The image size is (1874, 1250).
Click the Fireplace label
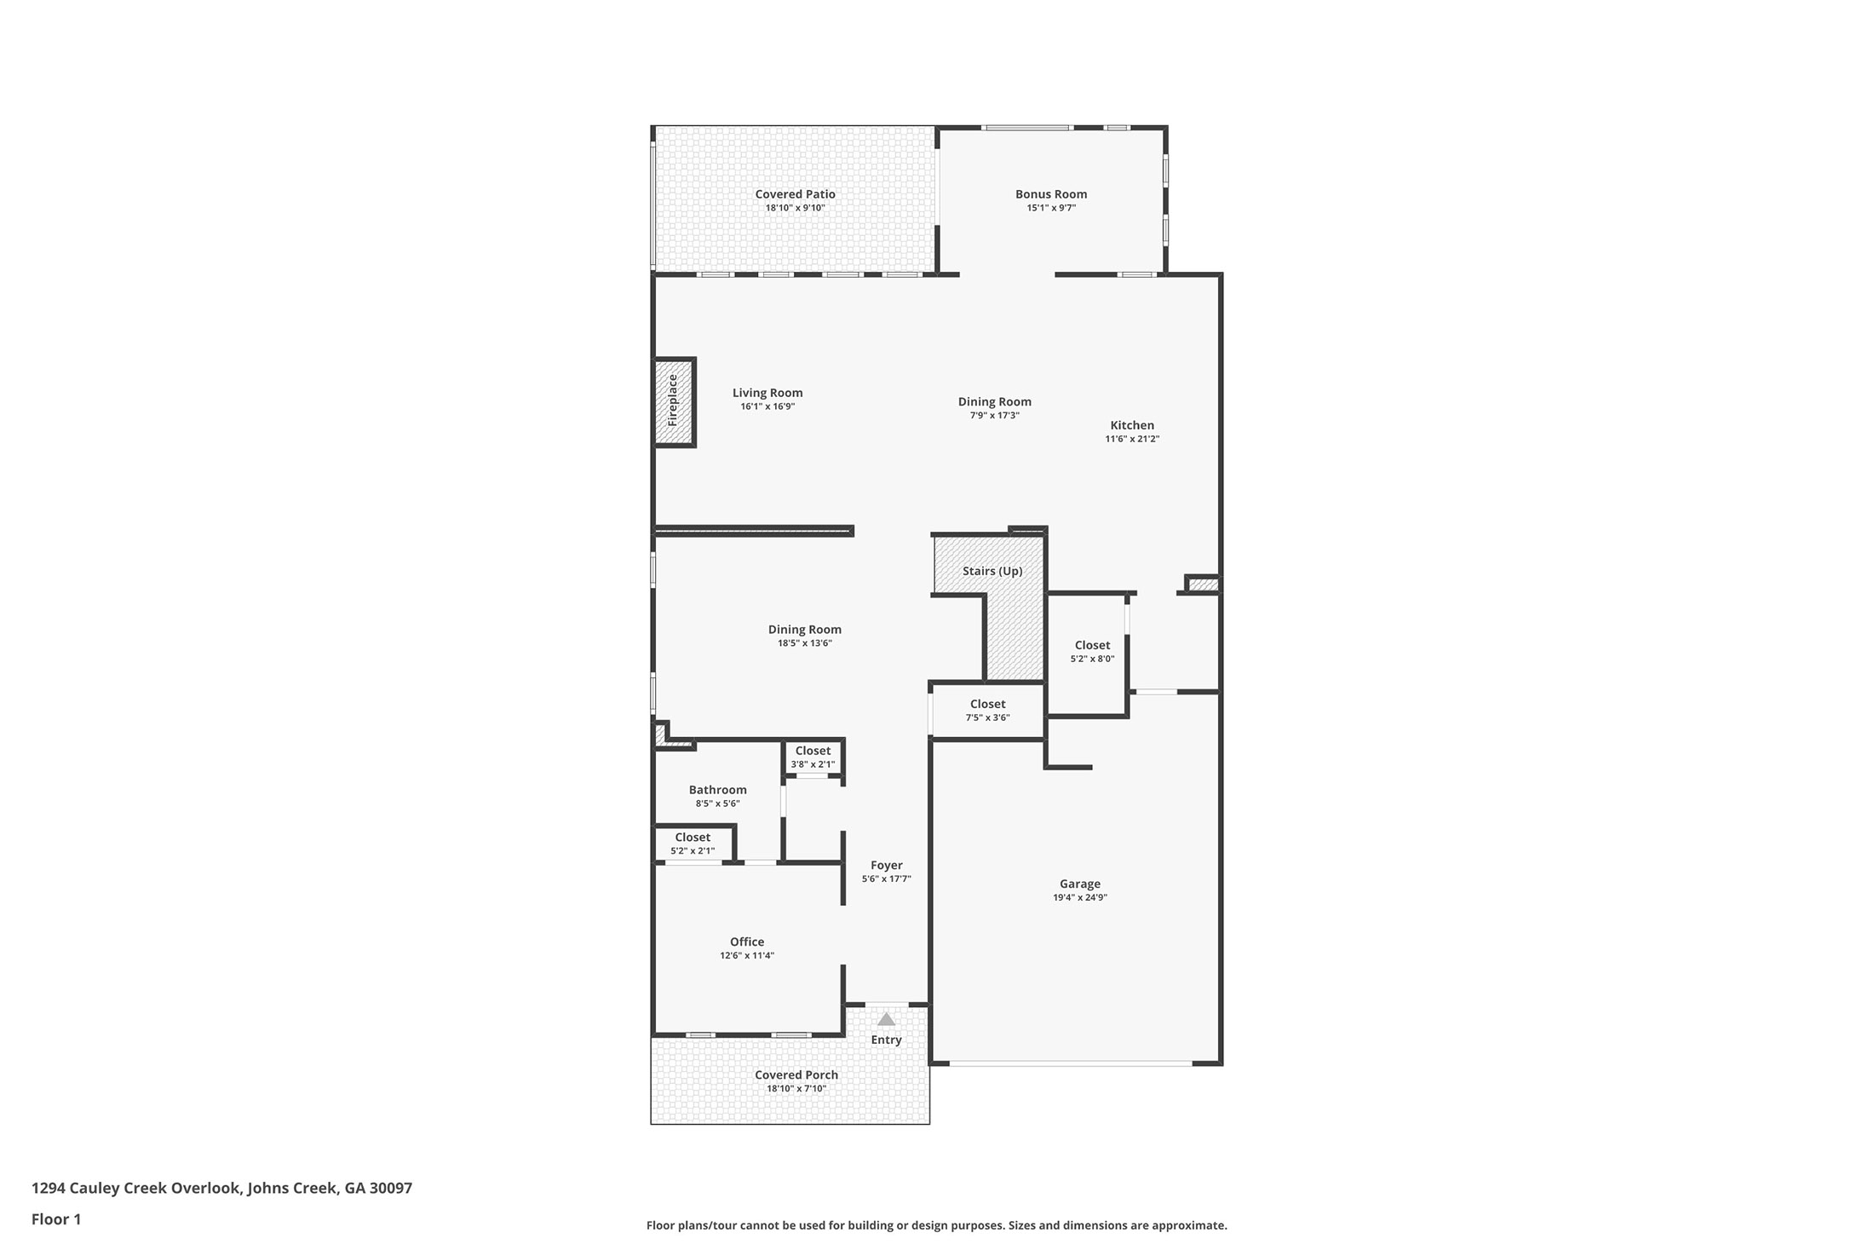point(672,400)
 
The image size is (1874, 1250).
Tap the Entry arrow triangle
point(886,1019)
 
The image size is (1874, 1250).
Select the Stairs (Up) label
point(992,571)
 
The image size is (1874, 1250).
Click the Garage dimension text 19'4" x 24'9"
point(1079,897)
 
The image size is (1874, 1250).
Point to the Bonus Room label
point(1050,194)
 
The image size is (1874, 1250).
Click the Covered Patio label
point(795,194)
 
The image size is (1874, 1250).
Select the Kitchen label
point(1132,425)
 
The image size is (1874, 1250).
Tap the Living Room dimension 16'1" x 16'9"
point(767,406)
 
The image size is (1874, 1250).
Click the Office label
point(746,942)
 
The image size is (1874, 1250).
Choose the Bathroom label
point(717,790)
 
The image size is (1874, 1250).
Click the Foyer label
point(886,865)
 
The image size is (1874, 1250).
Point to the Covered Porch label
point(796,1074)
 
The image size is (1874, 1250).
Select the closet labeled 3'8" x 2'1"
point(813,751)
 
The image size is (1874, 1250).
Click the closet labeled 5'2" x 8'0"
point(1092,645)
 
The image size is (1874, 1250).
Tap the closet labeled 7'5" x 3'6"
point(987,704)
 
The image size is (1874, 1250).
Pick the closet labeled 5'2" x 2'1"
point(693,838)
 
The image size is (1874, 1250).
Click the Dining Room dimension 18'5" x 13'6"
point(804,643)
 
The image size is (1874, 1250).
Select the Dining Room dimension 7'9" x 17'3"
point(994,416)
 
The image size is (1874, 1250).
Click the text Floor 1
point(56,1219)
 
